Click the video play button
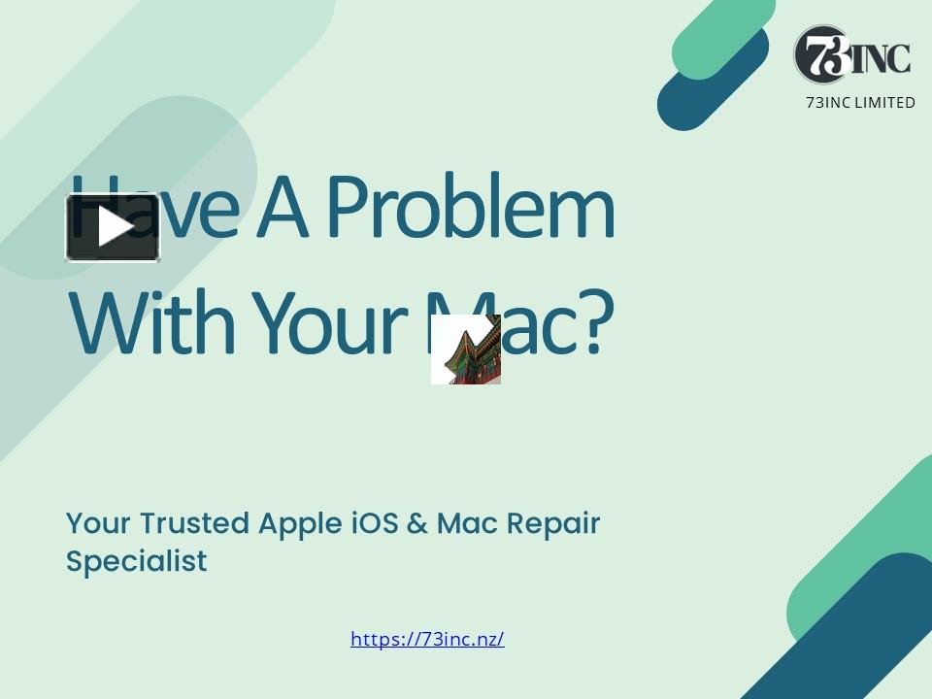click(x=113, y=227)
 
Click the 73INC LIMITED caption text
click(x=860, y=103)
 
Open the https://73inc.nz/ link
click(x=427, y=639)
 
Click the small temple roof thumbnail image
click(x=466, y=349)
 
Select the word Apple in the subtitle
click(x=300, y=524)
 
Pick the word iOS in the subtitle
click(x=374, y=523)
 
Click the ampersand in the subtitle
click(x=417, y=523)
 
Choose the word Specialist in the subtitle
click(x=136, y=561)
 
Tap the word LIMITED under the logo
click(x=884, y=103)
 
